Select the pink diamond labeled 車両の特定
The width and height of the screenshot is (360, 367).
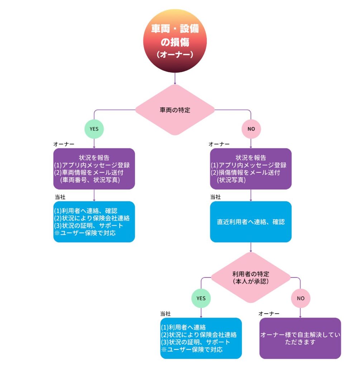175,110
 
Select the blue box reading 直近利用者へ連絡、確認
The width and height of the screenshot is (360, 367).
250,221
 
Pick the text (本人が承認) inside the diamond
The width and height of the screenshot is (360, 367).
250,282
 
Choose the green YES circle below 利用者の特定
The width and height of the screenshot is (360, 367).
201,298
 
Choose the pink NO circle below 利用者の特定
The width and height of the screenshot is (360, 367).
300,298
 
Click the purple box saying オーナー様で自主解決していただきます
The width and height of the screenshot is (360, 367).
300,338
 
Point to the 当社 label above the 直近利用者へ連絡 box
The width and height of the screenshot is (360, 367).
215,197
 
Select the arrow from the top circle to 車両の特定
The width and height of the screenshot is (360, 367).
175,78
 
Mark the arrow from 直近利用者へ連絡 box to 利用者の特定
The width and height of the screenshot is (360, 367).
250,247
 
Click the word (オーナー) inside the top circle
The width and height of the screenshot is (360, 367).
175,54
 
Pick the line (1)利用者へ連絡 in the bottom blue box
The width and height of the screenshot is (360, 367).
183,327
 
